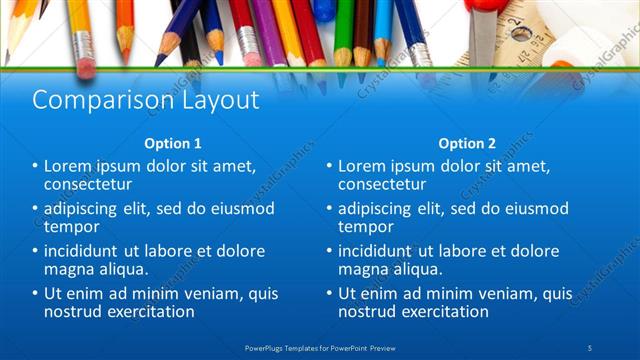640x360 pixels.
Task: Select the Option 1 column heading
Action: pyautogui.click(x=172, y=143)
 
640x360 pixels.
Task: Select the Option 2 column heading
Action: pyautogui.click(x=467, y=143)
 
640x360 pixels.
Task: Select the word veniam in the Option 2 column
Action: pyautogui.click(x=502, y=294)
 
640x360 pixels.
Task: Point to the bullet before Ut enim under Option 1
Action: pyautogui.click(x=35, y=294)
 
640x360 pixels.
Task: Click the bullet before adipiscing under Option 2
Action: pyautogui.click(x=329, y=208)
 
